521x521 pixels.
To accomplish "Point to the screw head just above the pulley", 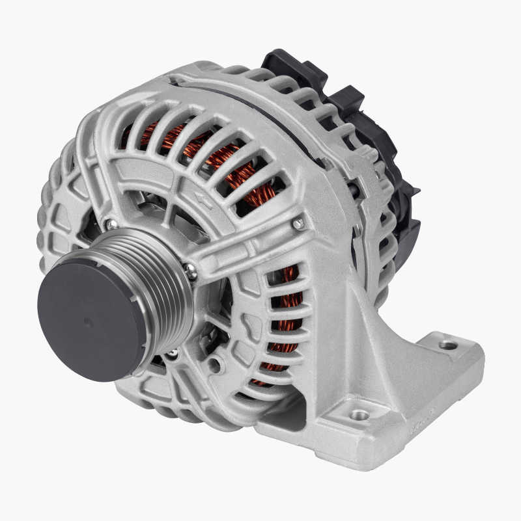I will click(111, 224).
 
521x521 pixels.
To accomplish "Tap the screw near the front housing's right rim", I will click(298, 224).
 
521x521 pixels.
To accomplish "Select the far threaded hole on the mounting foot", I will click(448, 345).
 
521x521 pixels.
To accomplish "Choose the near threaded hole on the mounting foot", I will click(358, 414).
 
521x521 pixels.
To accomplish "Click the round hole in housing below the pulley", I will click(214, 365).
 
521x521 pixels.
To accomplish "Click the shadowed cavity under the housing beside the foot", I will click(287, 410).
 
